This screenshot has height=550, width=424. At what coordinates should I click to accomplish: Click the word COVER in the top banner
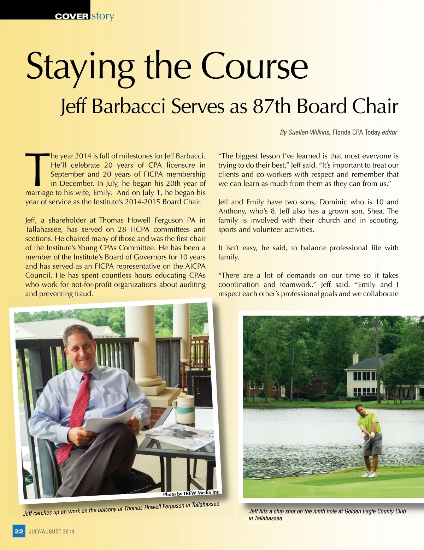click(x=72, y=16)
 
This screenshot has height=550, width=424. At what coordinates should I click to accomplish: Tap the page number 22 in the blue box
click(x=19, y=531)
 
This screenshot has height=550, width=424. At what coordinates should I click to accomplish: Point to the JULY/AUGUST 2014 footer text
click(x=52, y=531)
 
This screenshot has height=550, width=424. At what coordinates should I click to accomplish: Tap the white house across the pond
click(x=364, y=377)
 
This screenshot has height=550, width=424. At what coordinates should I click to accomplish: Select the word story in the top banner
click(x=103, y=16)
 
